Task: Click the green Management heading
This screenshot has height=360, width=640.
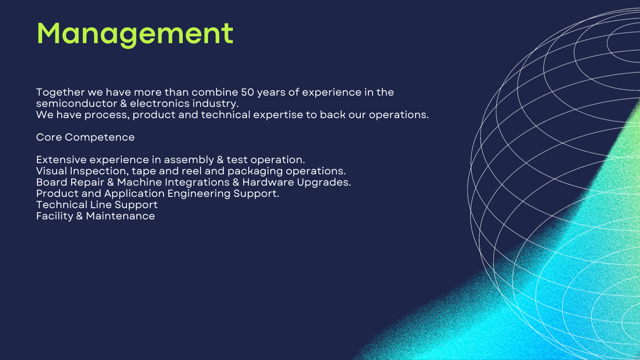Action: click(135, 34)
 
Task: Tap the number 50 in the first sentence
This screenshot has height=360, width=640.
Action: click(247, 92)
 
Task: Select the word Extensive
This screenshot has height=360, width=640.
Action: click(61, 159)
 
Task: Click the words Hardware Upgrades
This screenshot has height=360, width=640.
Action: click(297, 183)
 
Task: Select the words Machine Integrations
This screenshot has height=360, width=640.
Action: click(173, 183)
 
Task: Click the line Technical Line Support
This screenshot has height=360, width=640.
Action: click(97, 205)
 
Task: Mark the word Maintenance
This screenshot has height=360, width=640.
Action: click(120, 216)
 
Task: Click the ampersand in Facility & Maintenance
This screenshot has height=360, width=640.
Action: click(80, 216)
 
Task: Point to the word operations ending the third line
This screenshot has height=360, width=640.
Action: click(399, 115)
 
